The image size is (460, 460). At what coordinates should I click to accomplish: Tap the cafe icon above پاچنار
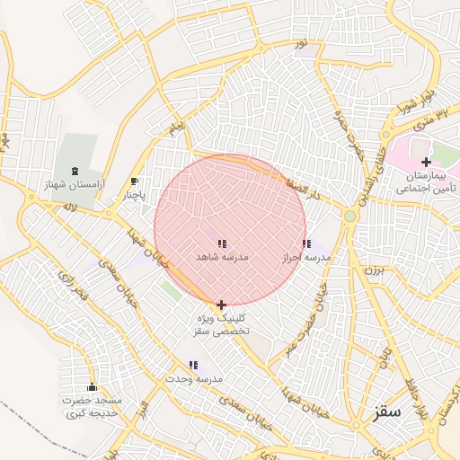(x=135, y=181)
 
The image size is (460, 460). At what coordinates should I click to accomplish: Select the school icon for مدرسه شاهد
(x=222, y=243)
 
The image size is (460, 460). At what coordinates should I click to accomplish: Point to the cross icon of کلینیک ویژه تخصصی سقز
(x=221, y=305)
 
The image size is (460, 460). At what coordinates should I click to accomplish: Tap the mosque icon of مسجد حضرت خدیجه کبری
(x=92, y=387)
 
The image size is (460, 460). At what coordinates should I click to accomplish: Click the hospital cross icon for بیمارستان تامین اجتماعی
(x=426, y=162)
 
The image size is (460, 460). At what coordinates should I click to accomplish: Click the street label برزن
(x=373, y=269)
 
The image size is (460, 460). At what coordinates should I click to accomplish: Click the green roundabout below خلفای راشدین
(x=349, y=217)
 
